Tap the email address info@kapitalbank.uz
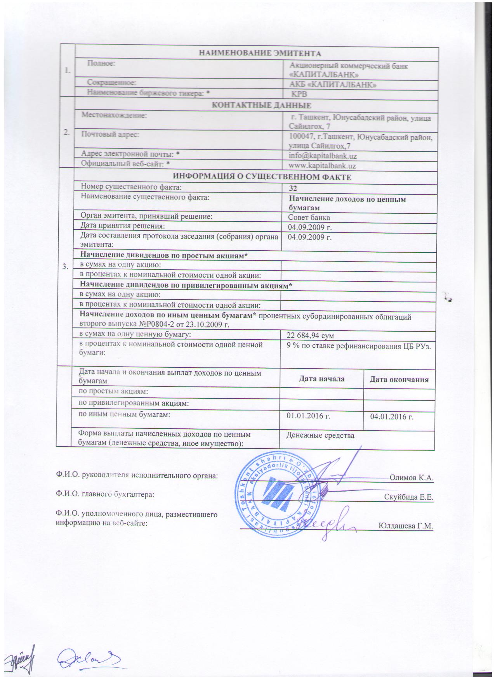(x=323, y=156)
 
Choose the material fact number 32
(x=293, y=189)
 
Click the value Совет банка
(x=309, y=217)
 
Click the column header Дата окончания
(x=399, y=379)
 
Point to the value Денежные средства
(x=320, y=435)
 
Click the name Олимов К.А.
(x=411, y=478)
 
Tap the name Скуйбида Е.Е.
(x=408, y=497)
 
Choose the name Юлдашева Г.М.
(x=405, y=526)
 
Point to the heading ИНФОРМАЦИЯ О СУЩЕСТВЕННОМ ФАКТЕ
(x=262, y=177)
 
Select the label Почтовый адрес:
(x=110, y=134)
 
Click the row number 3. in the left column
(x=66, y=267)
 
